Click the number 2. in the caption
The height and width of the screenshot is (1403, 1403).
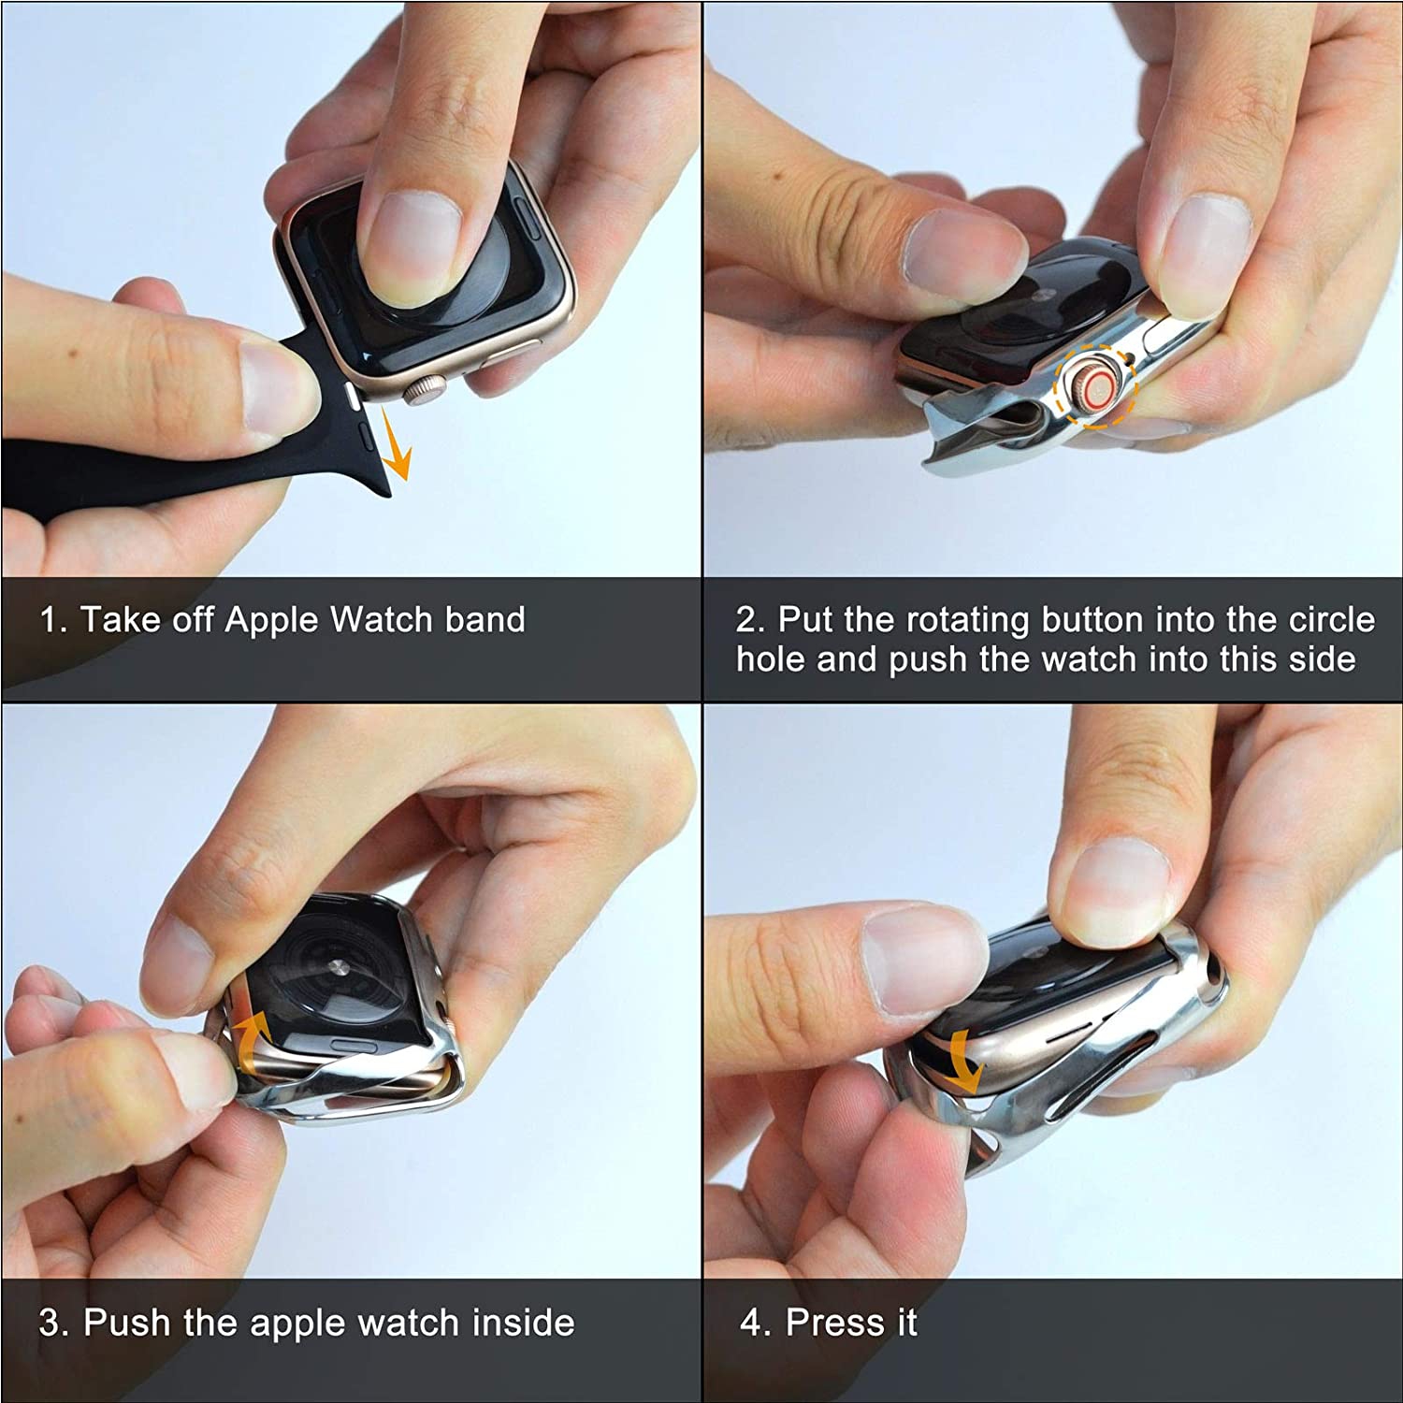750,620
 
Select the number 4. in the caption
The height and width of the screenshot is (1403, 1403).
755,1323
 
